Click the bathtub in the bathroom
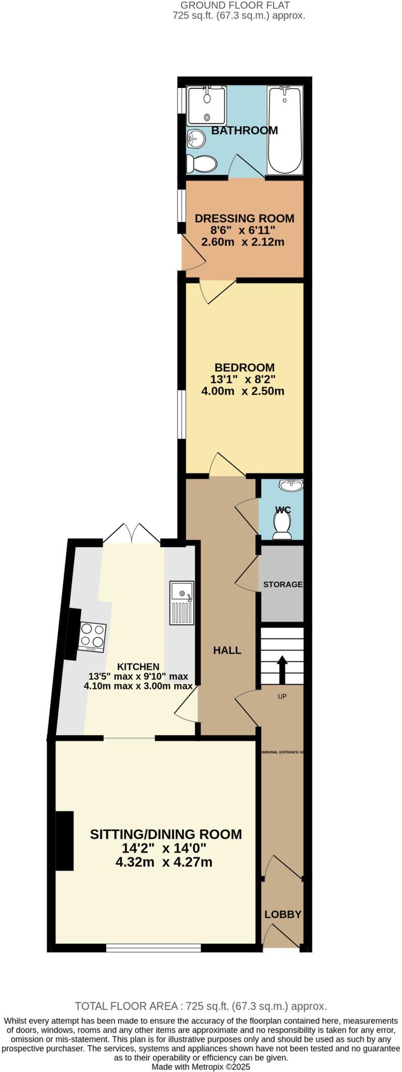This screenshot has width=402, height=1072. click(285, 131)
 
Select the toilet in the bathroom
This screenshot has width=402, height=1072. click(202, 164)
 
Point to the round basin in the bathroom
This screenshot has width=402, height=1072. click(195, 138)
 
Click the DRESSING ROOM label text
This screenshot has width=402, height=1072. click(244, 218)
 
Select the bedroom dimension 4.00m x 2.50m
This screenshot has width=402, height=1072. click(242, 391)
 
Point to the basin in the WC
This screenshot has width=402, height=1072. click(291, 486)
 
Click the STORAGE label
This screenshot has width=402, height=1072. click(283, 584)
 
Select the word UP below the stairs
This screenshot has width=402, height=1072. click(282, 696)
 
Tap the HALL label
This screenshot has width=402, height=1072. click(227, 651)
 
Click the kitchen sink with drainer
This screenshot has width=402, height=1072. click(182, 602)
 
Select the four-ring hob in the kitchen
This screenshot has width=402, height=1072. click(92, 636)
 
